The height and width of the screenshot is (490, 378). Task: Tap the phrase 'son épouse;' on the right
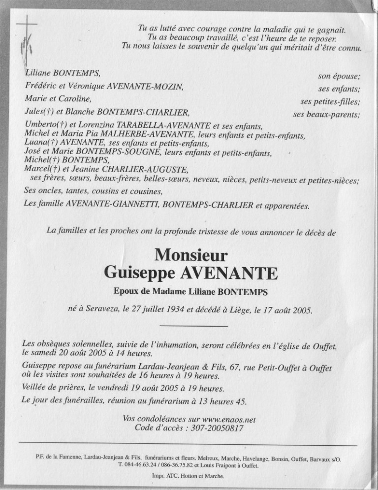339,76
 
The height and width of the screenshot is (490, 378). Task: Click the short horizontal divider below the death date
194,326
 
